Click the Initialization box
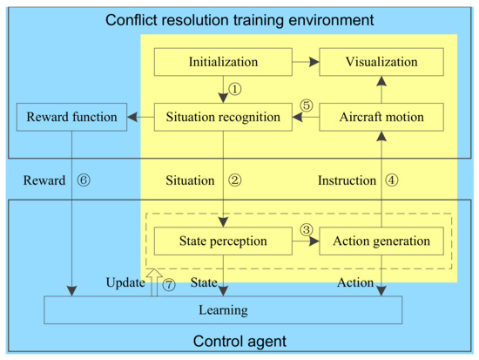coord(223,63)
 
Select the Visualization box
coord(381,63)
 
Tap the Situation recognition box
coord(223,116)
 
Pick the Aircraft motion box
coord(381,116)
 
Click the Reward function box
coord(71,116)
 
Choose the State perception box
coord(223,241)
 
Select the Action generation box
coord(381,241)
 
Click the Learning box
coord(223,309)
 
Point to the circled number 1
coord(235,89)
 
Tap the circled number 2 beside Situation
coord(234,180)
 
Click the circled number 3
coord(306,229)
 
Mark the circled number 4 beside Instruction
coord(391,180)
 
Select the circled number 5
coord(306,105)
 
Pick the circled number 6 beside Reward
coord(84,180)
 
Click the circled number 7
coord(170,284)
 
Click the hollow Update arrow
coord(154,282)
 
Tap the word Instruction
coord(346,180)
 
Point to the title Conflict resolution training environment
coord(239,18)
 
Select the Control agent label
coord(239,342)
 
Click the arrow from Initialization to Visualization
coord(304,63)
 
